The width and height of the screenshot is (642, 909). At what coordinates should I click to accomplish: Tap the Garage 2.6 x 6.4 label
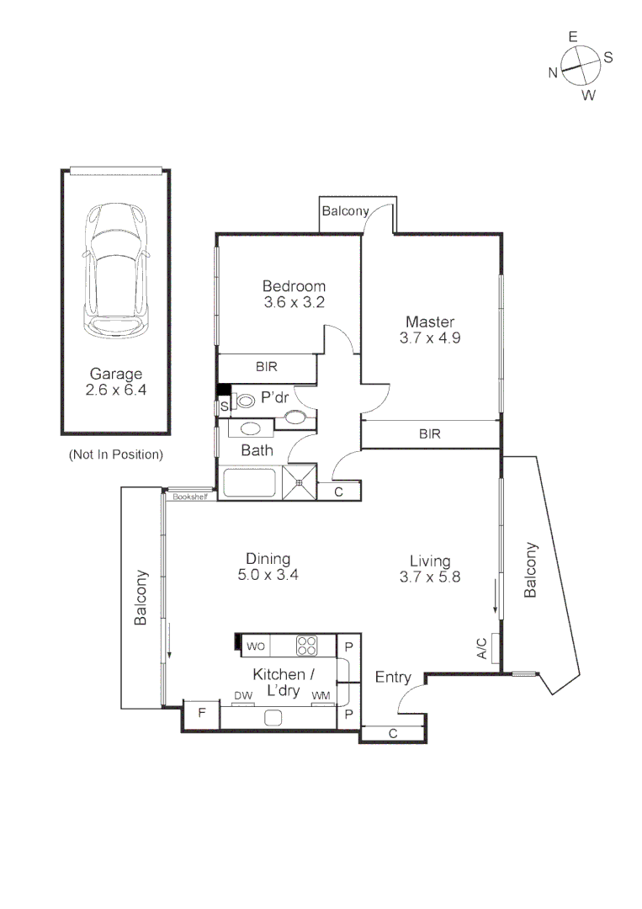(x=115, y=382)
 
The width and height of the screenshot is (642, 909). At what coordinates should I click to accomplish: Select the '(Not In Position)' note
(x=115, y=454)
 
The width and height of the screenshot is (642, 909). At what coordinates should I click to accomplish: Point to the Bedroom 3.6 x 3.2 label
(x=293, y=295)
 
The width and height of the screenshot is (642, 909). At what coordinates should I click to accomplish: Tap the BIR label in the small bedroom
(x=267, y=367)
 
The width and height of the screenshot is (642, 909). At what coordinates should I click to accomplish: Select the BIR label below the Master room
(x=430, y=434)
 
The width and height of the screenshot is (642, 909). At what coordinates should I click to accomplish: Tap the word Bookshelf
(x=189, y=497)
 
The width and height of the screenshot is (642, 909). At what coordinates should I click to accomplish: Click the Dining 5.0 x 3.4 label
(x=268, y=567)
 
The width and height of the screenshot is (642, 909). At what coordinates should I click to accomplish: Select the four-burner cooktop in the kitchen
(x=306, y=646)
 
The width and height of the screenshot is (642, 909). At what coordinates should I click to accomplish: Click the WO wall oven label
(x=256, y=646)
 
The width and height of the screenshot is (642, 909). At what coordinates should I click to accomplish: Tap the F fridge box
(x=201, y=714)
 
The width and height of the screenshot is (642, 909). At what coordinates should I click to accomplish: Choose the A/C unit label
(x=482, y=647)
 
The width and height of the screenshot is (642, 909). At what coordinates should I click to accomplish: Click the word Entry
(x=393, y=678)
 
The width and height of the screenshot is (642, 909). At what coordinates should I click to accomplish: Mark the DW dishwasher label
(x=243, y=696)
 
